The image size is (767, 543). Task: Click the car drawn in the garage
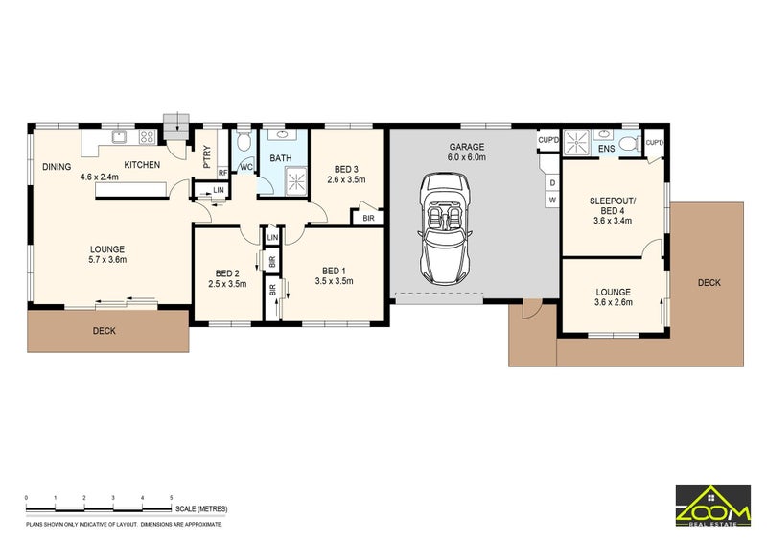[x=444, y=228]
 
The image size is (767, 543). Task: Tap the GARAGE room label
[x=467, y=147]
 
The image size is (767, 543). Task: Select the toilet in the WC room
[x=243, y=140]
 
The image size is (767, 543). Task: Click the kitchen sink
[x=119, y=136]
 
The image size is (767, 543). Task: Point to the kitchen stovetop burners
[x=148, y=136]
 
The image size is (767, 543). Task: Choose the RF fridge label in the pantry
[x=222, y=173]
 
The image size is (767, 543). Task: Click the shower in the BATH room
[x=296, y=180]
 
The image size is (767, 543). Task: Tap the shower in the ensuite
[x=577, y=143]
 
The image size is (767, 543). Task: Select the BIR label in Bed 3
[x=368, y=218]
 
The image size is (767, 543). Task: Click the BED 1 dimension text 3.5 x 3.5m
[x=334, y=281]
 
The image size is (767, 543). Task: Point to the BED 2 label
[x=227, y=273]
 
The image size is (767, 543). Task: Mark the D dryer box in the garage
[x=553, y=182]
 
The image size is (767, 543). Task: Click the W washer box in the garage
[x=553, y=200]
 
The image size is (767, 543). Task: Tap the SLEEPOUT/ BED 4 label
[x=613, y=205]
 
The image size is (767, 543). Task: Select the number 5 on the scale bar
[x=172, y=498]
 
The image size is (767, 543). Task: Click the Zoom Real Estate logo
[x=713, y=507]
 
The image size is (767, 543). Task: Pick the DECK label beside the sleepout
[x=709, y=282]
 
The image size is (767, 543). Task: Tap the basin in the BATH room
[x=283, y=134]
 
